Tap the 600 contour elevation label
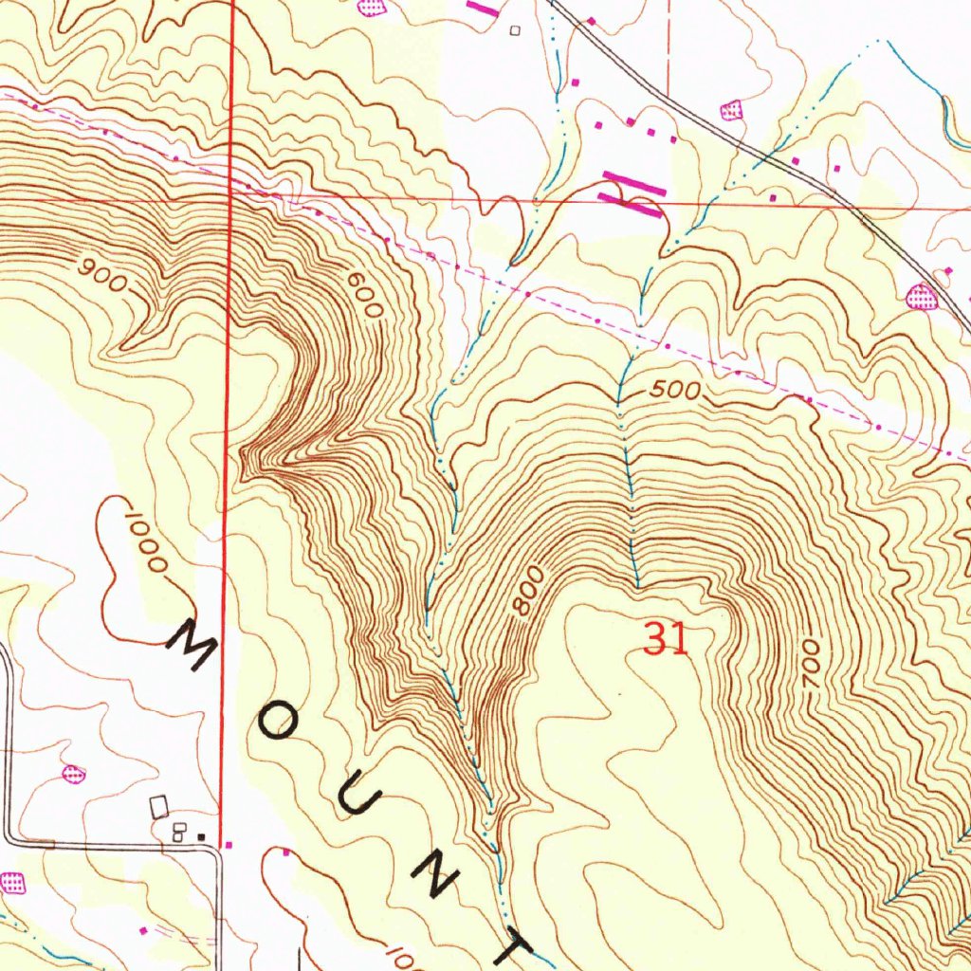click(365, 296)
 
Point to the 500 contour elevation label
click(676, 391)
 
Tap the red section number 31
click(665, 640)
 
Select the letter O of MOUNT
click(281, 724)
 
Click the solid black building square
click(201, 836)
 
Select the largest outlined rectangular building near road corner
click(159, 807)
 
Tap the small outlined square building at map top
click(516, 30)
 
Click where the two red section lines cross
click(230, 192)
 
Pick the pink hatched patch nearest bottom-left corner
click(11, 883)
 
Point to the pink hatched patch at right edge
click(921, 297)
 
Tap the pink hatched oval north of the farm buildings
click(72, 774)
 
